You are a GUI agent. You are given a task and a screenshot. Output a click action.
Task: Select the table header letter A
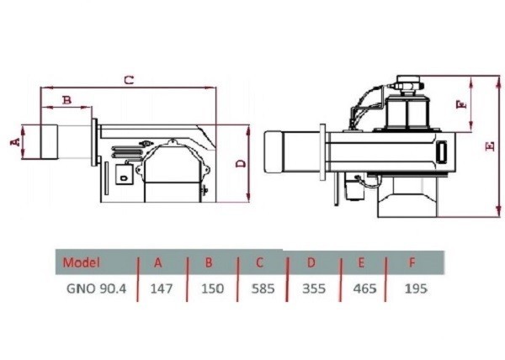click(157, 261)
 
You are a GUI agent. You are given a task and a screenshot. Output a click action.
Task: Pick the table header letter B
click(208, 261)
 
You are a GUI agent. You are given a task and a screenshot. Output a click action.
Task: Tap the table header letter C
click(260, 261)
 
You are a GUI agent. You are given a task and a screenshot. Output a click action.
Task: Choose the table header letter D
click(311, 262)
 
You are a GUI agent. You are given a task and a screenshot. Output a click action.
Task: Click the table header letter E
click(361, 262)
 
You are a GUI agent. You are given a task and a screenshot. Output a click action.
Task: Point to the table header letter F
click(412, 262)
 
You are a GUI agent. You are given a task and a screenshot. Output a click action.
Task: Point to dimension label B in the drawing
click(66, 100)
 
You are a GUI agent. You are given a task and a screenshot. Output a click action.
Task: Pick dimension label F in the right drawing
click(460, 106)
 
